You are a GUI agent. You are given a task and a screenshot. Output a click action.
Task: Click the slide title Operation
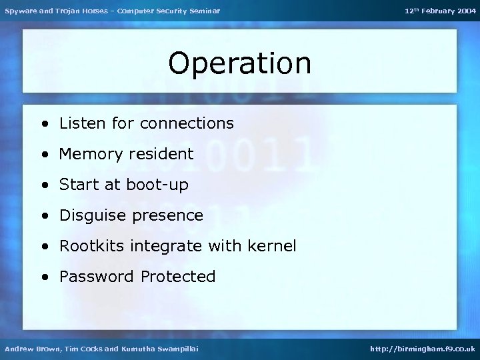point(239,64)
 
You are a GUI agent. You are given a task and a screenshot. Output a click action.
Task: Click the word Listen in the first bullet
point(81,123)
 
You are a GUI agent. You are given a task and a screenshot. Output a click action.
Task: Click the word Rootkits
point(90,246)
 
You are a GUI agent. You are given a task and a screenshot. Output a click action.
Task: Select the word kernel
point(272,246)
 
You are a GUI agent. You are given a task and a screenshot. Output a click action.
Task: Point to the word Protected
point(178,277)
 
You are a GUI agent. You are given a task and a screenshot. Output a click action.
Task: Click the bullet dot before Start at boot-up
point(43,185)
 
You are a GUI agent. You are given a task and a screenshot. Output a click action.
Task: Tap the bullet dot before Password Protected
point(43,277)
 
